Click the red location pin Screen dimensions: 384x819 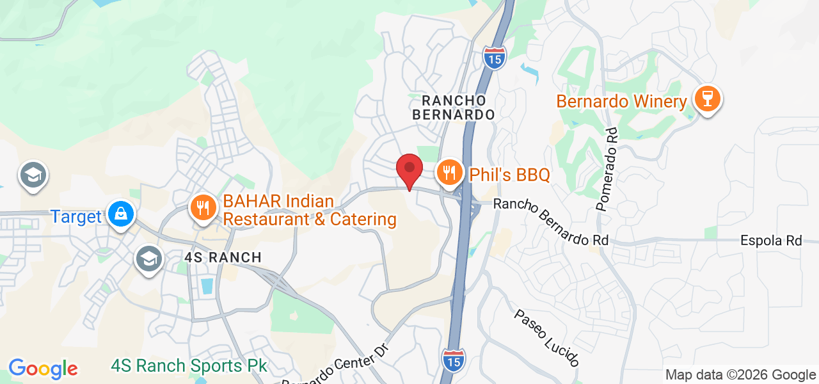[409, 170]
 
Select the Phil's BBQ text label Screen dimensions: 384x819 [509, 175]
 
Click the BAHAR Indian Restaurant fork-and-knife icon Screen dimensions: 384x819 [203, 207]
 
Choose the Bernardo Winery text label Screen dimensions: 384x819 [621, 101]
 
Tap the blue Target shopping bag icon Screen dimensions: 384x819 [121, 213]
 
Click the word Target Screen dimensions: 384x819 [76, 216]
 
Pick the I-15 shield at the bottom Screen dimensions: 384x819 [453, 360]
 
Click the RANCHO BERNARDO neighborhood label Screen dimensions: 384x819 [454, 108]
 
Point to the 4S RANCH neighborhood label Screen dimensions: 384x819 [223, 257]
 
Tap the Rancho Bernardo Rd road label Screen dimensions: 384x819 [550, 222]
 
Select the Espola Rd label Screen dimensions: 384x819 [770, 241]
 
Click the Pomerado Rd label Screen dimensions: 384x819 [608, 170]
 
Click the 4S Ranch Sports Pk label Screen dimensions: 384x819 [189, 366]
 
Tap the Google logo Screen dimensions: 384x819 [43, 369]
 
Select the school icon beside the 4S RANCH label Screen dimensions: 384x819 [149, 259]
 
